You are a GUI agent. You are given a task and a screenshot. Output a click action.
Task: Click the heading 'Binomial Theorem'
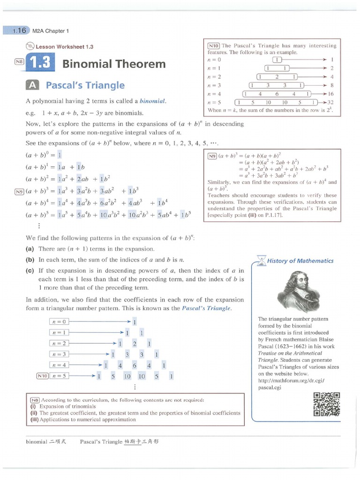(114, 64)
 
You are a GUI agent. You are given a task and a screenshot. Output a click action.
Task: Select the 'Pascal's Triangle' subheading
(85, 85)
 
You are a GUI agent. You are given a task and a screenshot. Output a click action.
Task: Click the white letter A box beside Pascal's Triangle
(32, 85)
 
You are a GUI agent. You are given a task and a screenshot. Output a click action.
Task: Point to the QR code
(327, 404)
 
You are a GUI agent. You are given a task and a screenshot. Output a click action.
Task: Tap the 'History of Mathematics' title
(307, 261)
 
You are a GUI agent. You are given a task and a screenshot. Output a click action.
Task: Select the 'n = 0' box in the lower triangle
(59, 322)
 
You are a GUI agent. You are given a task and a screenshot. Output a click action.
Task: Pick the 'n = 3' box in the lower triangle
(59, 354)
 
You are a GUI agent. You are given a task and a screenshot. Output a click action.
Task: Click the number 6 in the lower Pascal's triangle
(135, 365)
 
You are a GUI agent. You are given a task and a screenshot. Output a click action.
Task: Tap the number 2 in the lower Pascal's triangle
(135, 344)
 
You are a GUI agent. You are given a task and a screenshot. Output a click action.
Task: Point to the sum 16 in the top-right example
(330, 94)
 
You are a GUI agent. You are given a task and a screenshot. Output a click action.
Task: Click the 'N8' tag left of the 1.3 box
(18, 61)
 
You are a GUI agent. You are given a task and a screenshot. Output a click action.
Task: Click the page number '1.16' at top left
(19, 31)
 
